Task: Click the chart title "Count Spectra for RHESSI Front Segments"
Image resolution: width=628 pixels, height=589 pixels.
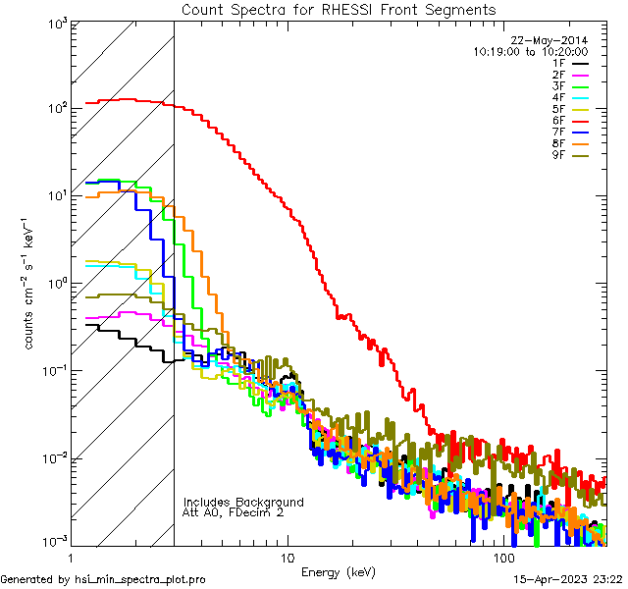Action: [339, 9]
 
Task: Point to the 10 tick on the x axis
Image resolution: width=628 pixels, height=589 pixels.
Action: [287, 558]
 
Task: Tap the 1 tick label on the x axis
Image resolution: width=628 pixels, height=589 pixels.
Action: [71, 558]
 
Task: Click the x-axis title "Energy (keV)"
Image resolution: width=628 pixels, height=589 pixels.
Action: [338, 571]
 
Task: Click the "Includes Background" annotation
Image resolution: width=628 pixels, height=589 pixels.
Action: [242, 502]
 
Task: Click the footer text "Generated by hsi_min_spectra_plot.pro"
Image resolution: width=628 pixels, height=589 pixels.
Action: [104, 579]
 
